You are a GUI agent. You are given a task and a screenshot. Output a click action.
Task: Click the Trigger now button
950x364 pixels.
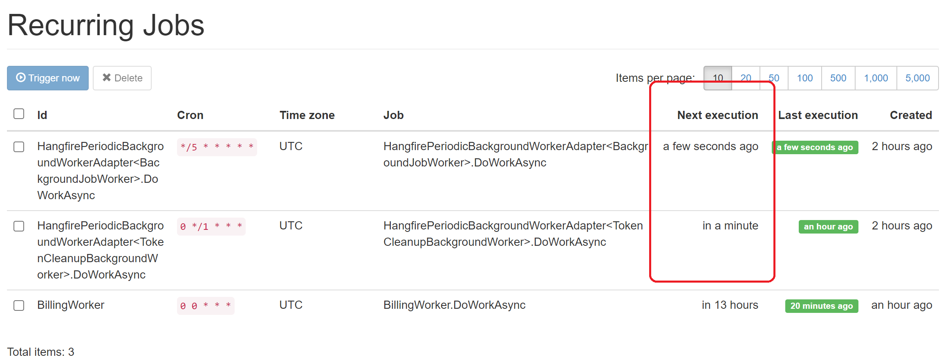pyautogui.click(x=48, y=78)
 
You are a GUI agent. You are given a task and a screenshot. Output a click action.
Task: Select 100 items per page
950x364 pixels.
pyautogui.click(x=804, y=78)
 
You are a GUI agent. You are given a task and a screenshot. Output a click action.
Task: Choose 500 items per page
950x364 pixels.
pyautogui.click(x=838, y=78)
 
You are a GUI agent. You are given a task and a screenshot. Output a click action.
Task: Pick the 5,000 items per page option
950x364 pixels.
pyautogui.click(x=917, y=78)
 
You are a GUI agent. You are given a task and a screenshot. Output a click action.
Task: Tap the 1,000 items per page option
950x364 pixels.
pyautogui.click(x=876, y=78)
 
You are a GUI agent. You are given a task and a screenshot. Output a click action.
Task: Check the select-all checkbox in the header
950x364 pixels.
pyautogui.click(x=19, y=114)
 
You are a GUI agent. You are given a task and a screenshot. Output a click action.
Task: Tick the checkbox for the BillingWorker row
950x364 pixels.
pyautogui.click(x=19, y=306)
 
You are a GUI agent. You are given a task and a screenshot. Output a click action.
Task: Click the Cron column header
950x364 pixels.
pyautogui.click(x=190, y=115)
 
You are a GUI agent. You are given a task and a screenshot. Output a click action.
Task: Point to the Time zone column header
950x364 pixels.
pyautogui.click(x=307, y=115)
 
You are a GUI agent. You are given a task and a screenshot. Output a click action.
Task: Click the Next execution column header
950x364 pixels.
pyautogui.click(x=717, y=115)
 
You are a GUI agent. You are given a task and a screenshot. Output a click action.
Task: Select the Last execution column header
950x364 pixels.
pyautogui.click(x=818, y=115)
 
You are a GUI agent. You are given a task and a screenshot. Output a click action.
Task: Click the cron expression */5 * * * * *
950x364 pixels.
pyautogui.click(x=217, y=147)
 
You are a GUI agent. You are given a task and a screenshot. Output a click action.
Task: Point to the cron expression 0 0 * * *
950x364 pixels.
pyautogui.click(x=206, y=306)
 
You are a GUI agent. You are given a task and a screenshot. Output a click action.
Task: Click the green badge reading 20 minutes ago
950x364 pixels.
pyautogui.click(x=821, y=306)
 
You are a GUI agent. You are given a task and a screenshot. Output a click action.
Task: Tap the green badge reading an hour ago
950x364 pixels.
pyautogui.click(x=828, y=227)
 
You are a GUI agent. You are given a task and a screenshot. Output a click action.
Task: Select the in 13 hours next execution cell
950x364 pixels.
pyautogui.click(x=730, y=305)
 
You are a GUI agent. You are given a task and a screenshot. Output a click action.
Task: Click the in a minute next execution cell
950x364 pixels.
pyautogui.click(x=730, y=226)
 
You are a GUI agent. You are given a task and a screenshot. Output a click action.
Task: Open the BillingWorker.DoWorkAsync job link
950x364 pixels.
pyautogui.click(x=454, y=305)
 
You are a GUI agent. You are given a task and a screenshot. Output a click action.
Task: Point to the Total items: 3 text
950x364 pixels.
pyautogui.click(x=41, y=352)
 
